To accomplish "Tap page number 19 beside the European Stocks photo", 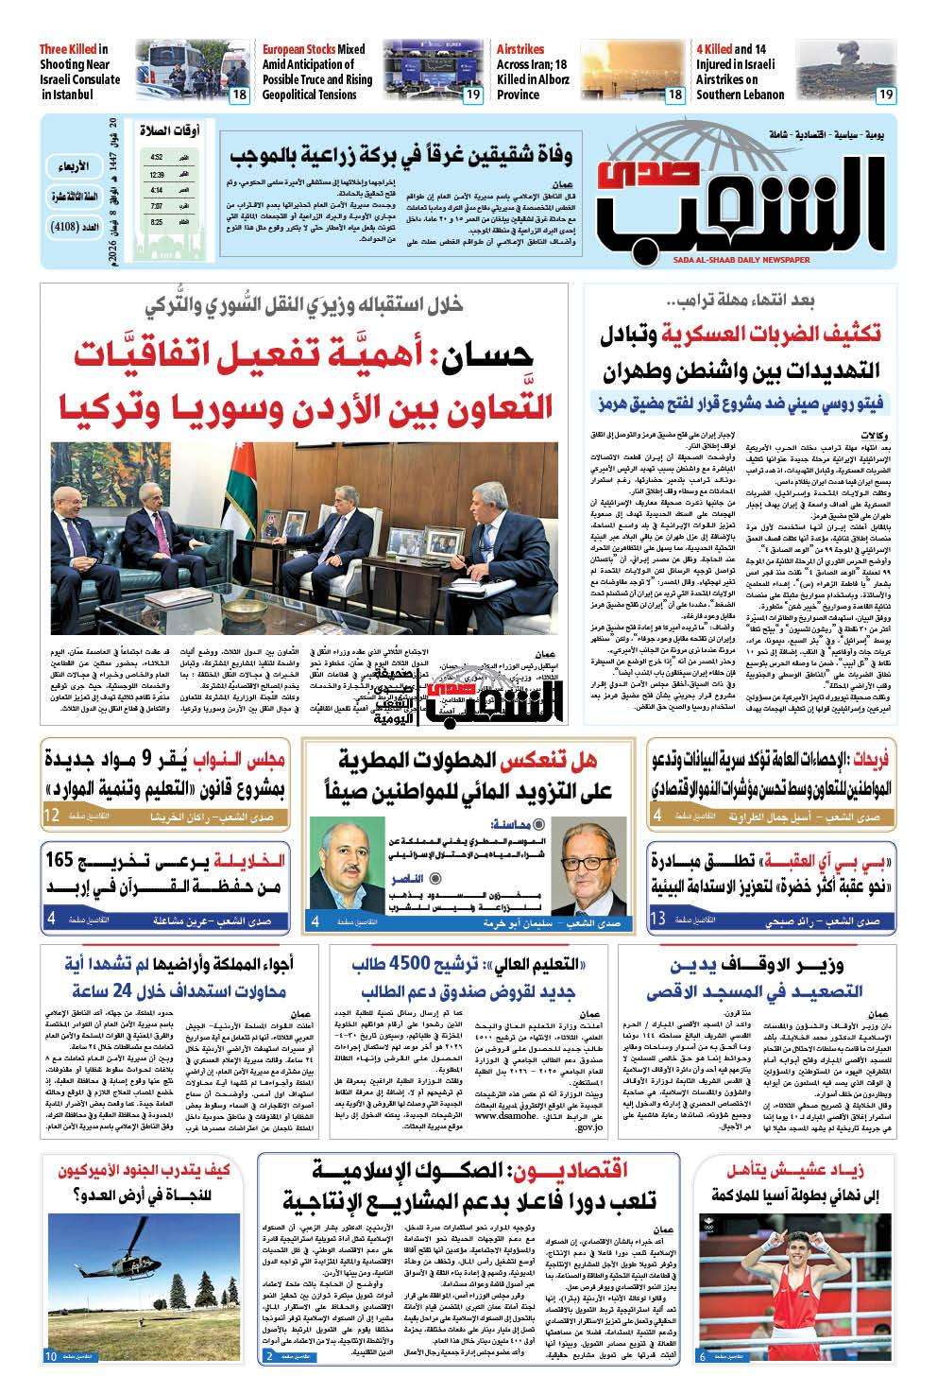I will point(471,95).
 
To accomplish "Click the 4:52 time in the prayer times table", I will point(156,158).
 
